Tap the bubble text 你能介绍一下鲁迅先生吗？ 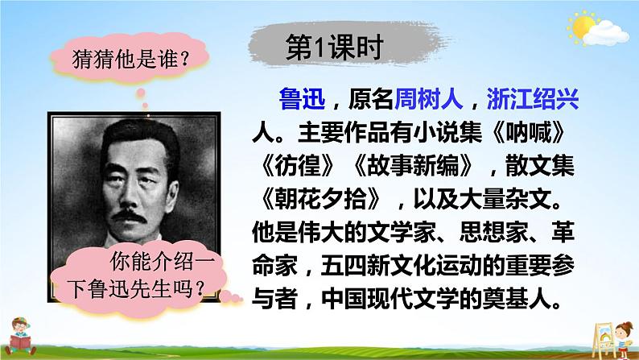point(138,278)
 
